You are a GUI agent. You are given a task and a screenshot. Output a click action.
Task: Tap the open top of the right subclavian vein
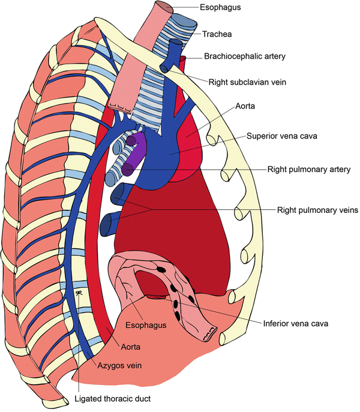click(175, 43)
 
